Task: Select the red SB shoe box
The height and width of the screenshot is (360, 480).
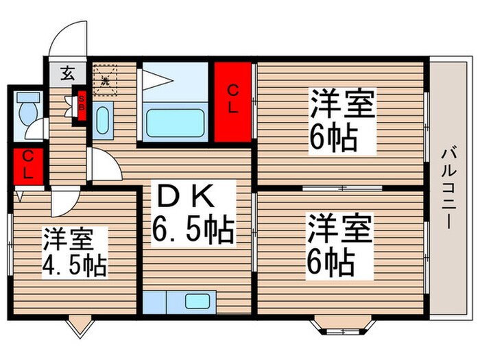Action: [x=81, y=106]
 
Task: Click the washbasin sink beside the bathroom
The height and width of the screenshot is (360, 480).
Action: [x=103, y=122]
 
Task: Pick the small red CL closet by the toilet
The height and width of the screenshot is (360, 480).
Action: [x=27, y=165]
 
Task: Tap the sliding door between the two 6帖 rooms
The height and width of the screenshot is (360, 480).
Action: [x=342, y=187]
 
